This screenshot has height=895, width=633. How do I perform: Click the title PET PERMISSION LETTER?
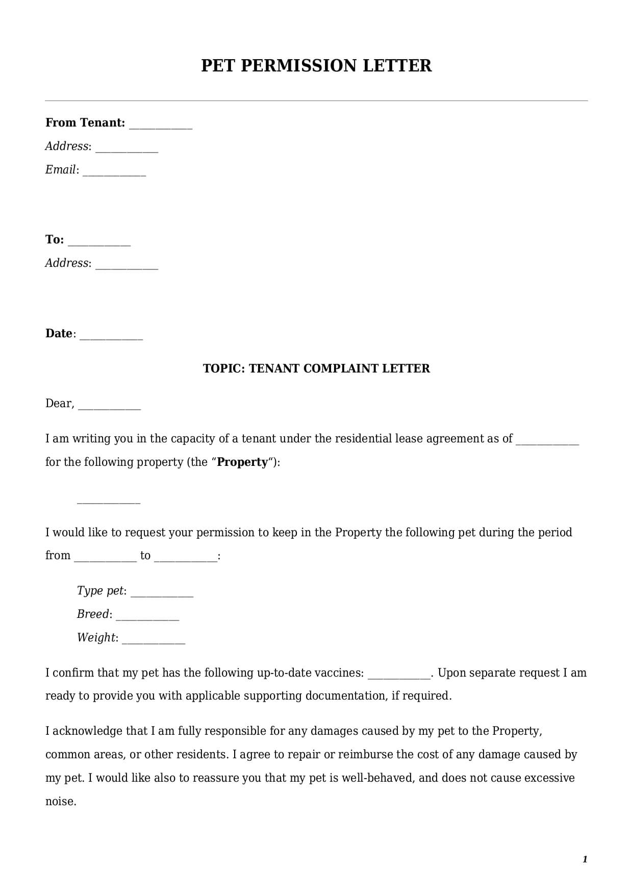click(x=316, y=66)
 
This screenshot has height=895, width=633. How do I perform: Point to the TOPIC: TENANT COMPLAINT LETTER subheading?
click(x=316, y=368)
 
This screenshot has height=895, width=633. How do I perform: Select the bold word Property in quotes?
click(x=242, y=462)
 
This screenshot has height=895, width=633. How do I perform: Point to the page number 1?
click(x=585, y=859)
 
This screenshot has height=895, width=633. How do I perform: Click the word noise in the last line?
click(x=60, y=802)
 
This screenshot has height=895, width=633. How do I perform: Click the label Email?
click(x=61, y=170)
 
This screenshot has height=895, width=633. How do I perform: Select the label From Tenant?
click(x=85, y=123)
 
